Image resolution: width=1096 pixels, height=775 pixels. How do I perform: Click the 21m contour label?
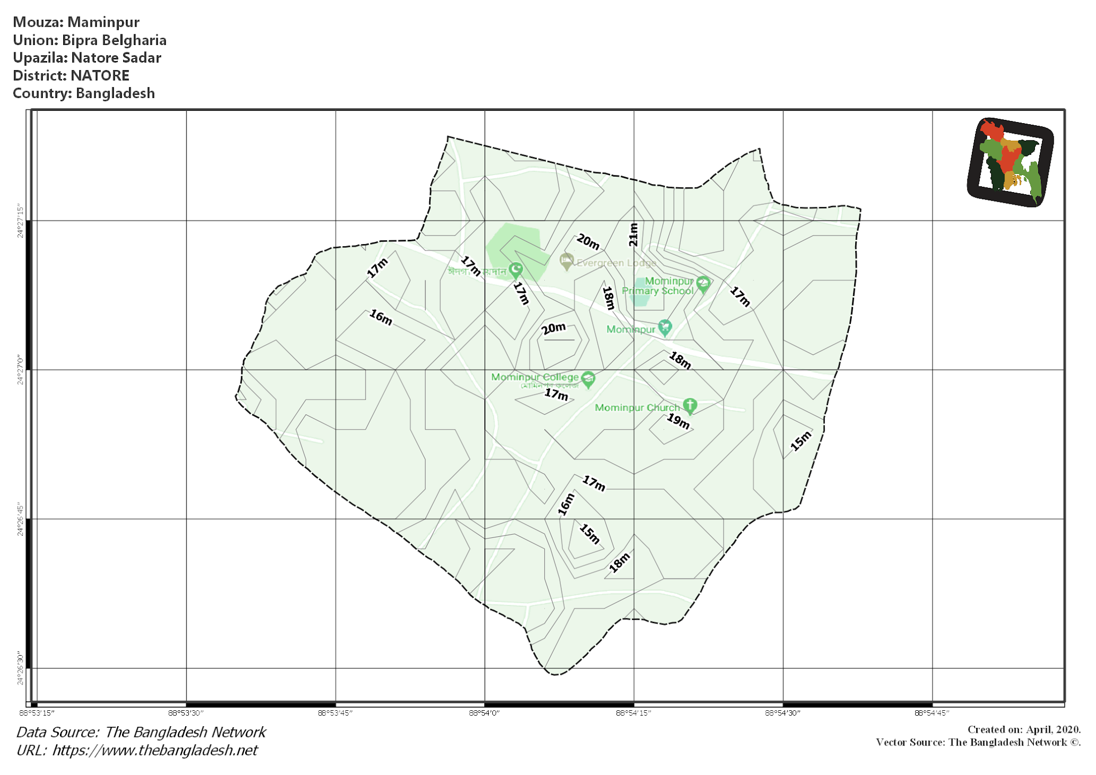pos(634,234)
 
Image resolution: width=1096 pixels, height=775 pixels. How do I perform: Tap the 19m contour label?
pos(678,421)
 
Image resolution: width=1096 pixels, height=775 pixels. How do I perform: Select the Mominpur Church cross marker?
pos(690,405)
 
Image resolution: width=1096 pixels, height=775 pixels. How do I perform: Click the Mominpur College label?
pos(535,377)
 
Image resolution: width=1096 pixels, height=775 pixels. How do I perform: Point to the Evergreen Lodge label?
pos(616,263)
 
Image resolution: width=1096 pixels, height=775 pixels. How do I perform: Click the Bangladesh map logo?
pos(1010,162)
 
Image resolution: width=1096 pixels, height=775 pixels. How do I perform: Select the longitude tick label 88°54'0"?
pos(484,713)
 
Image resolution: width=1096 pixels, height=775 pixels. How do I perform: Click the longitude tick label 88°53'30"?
pos(186,713)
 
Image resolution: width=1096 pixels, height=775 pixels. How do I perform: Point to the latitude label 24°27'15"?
pos(20,221)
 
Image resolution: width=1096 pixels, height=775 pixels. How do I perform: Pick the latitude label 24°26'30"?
pos(20,668)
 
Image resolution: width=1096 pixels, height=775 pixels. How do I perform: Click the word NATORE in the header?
pos(100,75)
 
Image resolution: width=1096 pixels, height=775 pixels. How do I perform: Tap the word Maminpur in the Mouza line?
pos(103,22)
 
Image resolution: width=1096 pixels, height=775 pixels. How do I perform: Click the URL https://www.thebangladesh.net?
pos(155,750)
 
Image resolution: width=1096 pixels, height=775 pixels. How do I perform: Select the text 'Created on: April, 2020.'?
pos(1024,730)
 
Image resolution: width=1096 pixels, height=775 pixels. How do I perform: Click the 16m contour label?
pos(381,317)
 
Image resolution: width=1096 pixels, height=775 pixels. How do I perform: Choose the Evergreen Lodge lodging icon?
pos(566,261)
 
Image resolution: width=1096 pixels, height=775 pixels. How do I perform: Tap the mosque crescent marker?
pos(516,269)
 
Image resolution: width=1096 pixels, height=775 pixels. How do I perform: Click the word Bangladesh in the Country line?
pos(115,93)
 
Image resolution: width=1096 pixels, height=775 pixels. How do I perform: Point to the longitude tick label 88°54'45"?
pos(932,713)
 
